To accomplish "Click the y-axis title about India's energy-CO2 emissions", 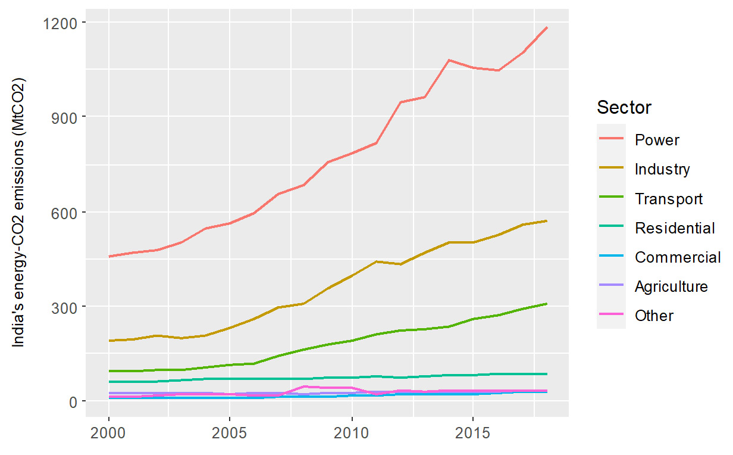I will pos(20,213).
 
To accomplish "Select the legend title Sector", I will pos(624,108).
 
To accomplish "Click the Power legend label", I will pos(657,140).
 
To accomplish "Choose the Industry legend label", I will pos(662,169).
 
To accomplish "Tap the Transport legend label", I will pos(669,198).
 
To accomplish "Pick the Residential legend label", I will pos(675,227).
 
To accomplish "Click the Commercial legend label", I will pos(678,257).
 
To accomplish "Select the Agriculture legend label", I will pos(671,286).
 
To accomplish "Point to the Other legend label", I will pos(654,316).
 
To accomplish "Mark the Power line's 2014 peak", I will pos(449,60).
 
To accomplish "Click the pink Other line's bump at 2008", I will pos(303,387).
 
